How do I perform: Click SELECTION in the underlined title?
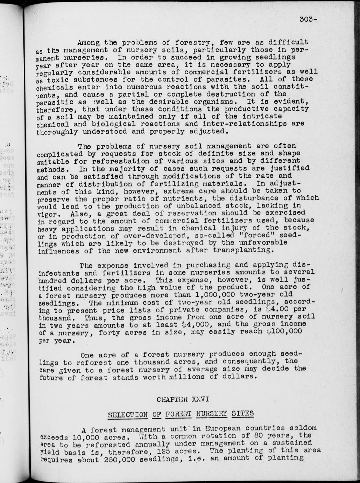coord(127,415)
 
